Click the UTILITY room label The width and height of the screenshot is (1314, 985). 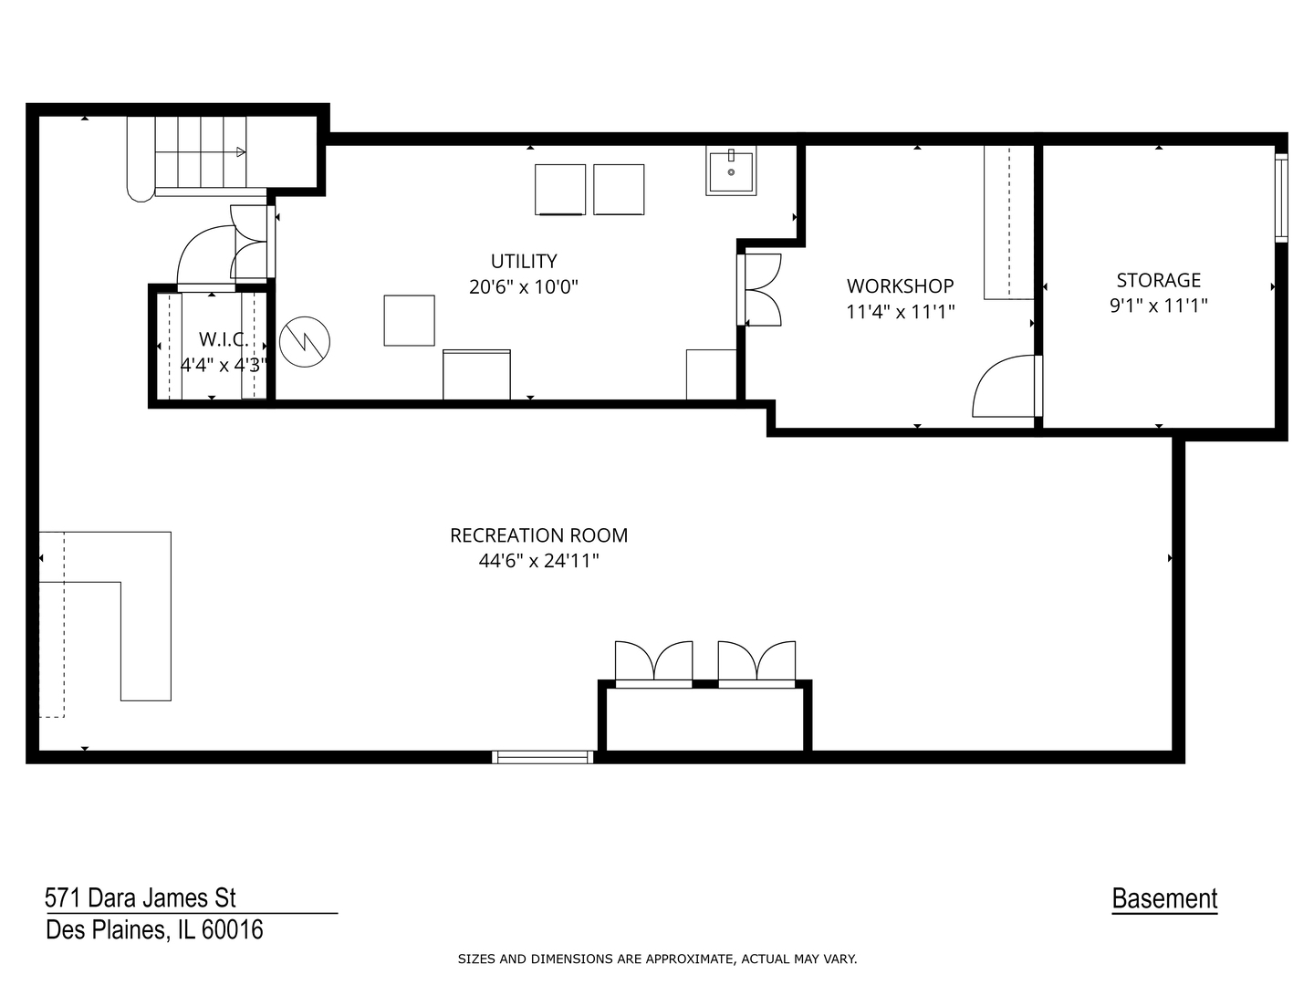(524, 262)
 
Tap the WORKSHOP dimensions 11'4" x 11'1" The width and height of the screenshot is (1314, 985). (900, 312)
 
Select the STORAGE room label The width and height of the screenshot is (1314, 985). (1158, 281)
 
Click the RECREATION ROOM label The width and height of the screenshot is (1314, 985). (538, 535)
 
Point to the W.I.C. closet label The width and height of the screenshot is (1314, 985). (222, 340)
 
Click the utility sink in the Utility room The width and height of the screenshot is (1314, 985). (731, 173)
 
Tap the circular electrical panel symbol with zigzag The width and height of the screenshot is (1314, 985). (305, 342)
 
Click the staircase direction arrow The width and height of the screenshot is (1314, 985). (239, 151)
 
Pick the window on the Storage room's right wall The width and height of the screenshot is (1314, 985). (1281, 198)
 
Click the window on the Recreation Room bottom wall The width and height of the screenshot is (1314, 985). (542, 756)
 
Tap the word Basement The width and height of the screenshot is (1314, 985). (1164, 899)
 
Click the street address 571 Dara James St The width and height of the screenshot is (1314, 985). (141, 898)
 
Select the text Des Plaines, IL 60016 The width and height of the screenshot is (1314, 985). (154, 930)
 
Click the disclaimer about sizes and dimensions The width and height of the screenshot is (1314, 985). (657, 959)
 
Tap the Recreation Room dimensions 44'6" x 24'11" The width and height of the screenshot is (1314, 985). (538, 561)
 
